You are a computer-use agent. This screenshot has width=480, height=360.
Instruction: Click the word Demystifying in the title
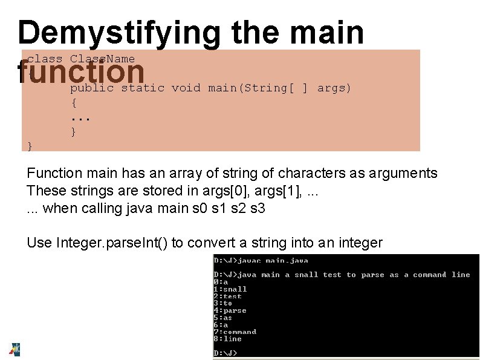(119, 33)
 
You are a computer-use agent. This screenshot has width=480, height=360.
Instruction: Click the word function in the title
(81, 71)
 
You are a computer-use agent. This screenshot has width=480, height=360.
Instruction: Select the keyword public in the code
(92, 88)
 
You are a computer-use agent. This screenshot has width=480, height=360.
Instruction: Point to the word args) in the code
(334, 88)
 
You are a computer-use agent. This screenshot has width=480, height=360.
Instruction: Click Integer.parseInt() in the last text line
(112, 243)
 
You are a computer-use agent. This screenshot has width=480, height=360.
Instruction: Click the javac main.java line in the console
(261, 261)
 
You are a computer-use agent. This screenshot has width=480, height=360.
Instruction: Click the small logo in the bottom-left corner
(15, 349)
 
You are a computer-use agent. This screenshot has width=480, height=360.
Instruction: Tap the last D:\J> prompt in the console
(225, 353)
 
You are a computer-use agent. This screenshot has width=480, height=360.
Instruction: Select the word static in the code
(143, 88)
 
